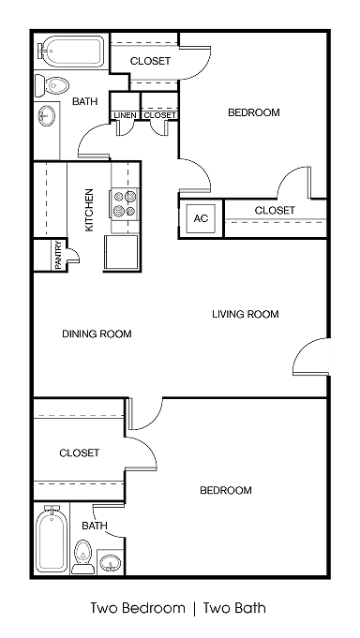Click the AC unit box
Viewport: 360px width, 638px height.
201,218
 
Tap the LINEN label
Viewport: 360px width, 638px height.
125,115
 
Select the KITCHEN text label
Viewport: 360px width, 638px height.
90,210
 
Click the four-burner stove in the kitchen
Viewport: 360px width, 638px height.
125,204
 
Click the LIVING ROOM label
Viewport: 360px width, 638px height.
245,315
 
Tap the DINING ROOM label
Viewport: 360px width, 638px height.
97,334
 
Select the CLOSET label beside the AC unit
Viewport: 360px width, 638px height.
275,210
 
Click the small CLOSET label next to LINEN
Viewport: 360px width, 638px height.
159,115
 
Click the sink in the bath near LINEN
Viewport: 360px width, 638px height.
46,117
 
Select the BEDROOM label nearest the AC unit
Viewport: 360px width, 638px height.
254,112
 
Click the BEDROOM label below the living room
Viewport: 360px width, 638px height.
226,490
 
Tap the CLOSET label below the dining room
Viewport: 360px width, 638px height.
80,453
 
